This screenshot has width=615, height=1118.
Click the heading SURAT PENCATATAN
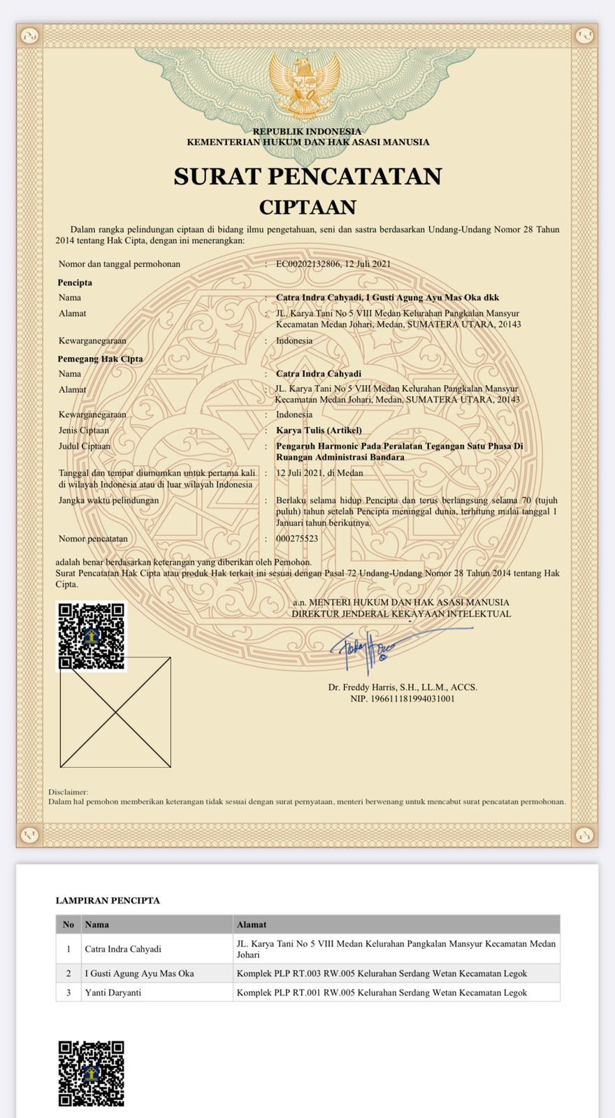(x=307, y=176)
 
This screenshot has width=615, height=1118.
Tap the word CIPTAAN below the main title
(x=307, y=208)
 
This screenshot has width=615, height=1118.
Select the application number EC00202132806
(x=308, y=264)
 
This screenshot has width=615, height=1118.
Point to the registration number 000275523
(x=297, y=539)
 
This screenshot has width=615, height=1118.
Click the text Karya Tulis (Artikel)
(x=319, y=430)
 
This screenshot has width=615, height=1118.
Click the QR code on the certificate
(x=91, y=637)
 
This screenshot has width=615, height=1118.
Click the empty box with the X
(x=115, y=713)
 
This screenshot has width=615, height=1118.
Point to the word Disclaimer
(x=68, y=792)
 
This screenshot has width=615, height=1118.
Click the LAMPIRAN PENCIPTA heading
(x=108, y=901)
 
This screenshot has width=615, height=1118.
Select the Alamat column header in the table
(x=252, y=924)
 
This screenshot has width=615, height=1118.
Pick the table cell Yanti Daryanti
(x=113, y=992)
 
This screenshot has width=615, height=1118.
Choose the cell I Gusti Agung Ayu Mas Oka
(x=140, y=973)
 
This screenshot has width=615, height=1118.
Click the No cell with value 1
(x=68, y=949)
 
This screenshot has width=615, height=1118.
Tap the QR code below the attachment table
(x=91, y=1074)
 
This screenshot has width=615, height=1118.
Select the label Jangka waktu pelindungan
(x=108, y=500)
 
